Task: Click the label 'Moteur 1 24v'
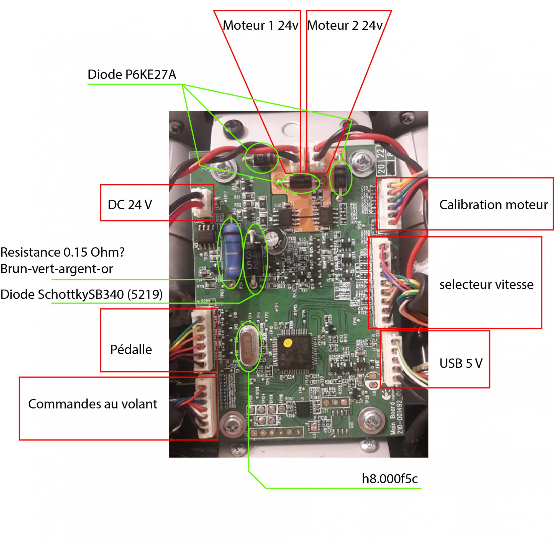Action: pos(260,26)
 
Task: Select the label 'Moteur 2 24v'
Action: pos(345,26)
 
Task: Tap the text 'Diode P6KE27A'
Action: pos(132,74)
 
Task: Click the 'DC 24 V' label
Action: pos(130,205)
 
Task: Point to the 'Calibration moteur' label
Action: pos(493,205)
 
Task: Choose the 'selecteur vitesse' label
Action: pos(486,284)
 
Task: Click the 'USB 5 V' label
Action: pos(461,363)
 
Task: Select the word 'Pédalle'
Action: pos(131,350)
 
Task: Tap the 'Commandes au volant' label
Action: pos(93,404)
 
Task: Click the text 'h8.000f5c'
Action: pos(389,479)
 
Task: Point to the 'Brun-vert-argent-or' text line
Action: pos(57,269)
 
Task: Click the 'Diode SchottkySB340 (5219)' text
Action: pos(81,294)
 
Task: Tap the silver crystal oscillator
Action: pos(249,348)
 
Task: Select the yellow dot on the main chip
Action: pos(288,343)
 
